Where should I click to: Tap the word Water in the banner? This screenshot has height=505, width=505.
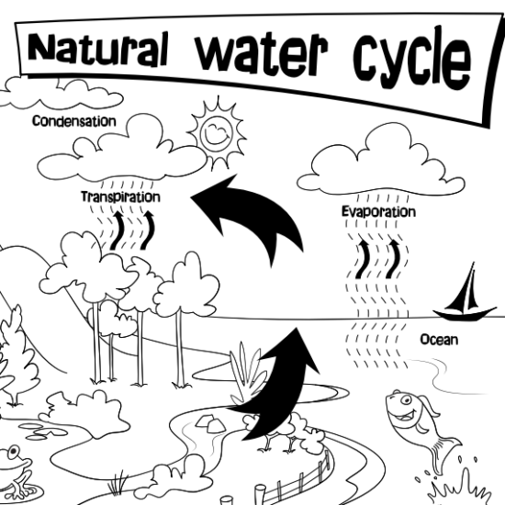(262, 53)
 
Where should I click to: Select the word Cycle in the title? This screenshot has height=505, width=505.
(412, 58)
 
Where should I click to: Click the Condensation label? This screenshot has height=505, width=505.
(74, 121)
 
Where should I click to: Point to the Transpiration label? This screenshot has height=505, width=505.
(120, 196)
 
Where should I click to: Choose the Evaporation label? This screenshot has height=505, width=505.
(378, 211)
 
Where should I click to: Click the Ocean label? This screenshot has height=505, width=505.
(439, 340)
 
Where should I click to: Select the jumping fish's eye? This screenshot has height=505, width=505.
(406, 400)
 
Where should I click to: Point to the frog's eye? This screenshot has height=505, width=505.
(14, 452)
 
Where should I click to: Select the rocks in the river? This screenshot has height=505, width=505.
(210, 423)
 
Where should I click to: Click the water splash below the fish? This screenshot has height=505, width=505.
(457, 487)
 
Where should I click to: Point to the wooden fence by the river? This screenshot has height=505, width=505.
(297, 480)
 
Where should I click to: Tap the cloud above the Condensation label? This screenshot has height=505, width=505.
(62, 94)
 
